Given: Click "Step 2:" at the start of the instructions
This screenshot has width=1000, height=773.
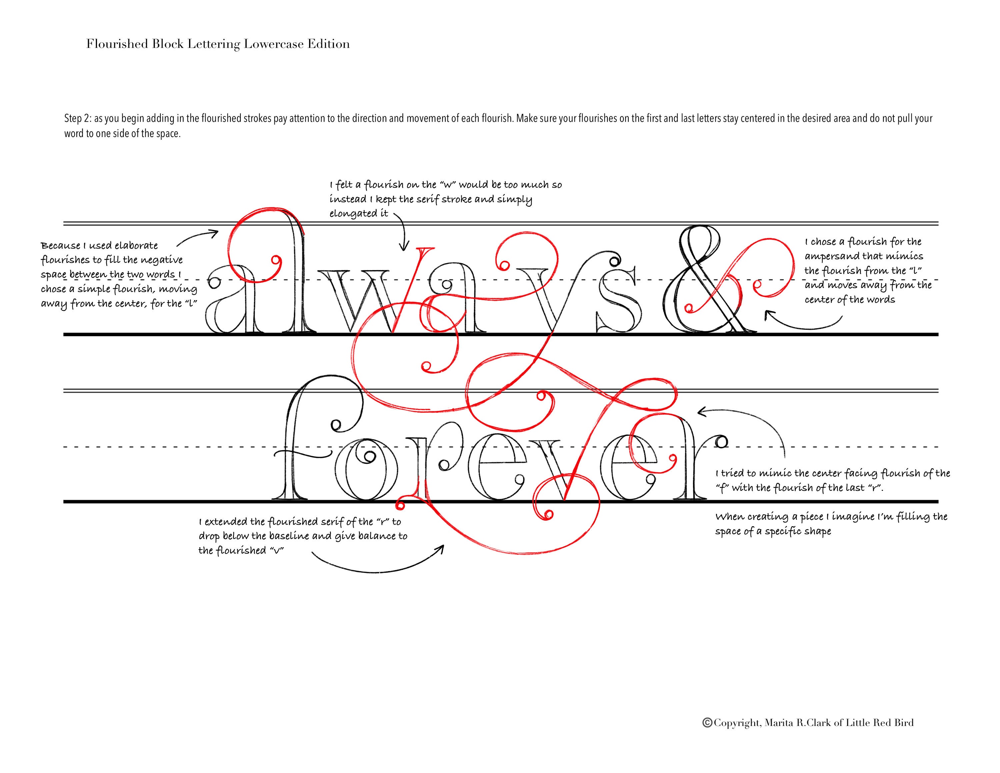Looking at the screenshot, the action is (77, 119).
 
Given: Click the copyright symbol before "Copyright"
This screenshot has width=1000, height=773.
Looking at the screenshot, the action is (707, 723).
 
